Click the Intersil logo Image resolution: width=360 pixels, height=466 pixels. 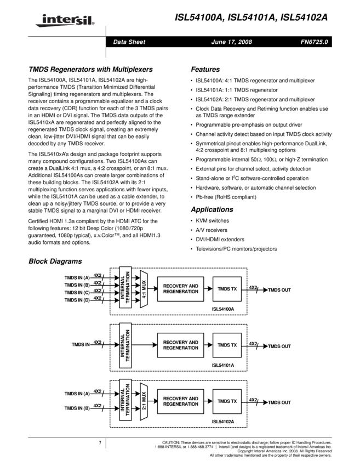point(64,20)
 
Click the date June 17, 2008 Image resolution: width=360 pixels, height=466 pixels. point(231,42)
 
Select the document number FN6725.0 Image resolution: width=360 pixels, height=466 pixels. point(314,42)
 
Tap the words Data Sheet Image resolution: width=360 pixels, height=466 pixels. point(129,42)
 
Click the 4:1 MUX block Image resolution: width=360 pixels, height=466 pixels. point(144,288)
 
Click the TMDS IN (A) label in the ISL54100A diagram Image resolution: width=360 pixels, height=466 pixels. point(77,278)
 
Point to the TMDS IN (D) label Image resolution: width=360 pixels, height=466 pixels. point(77,300)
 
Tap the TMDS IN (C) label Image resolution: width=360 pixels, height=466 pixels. point(77,293)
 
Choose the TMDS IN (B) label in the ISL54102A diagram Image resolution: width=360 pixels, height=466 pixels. point(77,408)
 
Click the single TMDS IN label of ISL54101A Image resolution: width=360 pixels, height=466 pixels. point(81,345)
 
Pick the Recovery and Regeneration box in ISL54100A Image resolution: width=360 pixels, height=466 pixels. point(180,289)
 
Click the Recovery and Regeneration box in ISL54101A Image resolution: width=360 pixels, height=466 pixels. point(180,345)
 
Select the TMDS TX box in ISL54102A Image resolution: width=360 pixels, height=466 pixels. point(227,401)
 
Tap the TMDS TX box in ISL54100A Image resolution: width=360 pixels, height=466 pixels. point(227,289)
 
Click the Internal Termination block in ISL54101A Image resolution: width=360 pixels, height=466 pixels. point(125,345)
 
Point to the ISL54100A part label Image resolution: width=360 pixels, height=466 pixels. point(223,309)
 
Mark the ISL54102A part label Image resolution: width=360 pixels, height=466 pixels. point(223,422)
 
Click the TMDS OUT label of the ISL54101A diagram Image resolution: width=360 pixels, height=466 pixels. point(279,346)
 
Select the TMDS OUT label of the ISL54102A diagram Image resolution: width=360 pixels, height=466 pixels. point(279,403)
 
